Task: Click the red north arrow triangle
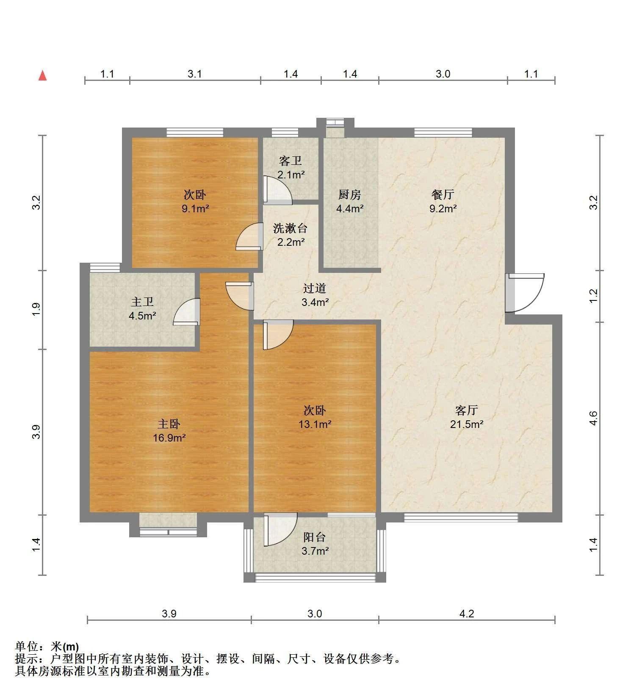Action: coord(42,75)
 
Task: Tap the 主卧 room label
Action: coord(169,424)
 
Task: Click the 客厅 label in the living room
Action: coord(467,410)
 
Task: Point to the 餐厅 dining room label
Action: coord(443,194)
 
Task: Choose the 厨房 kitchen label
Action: coord(350,194)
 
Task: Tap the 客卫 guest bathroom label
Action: coord(291,161)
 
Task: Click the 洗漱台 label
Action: coord(290,228)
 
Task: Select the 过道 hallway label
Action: coord(315,288)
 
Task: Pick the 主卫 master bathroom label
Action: coord(142,302)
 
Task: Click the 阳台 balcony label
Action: coord(315,537)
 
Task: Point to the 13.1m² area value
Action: coord(315,424)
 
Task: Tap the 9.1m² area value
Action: coord(195,208)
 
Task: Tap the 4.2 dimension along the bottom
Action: coord(467,614)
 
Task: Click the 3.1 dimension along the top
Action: coord(195,74)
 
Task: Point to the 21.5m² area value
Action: coord(467,424)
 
